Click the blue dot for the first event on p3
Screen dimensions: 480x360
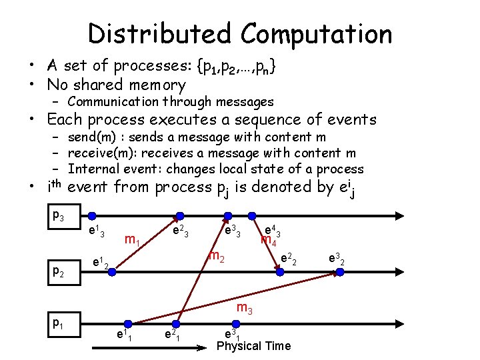[x=93, y=215]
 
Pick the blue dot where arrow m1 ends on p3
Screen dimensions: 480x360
[x=179, y=215]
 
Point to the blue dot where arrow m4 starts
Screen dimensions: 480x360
[x=252, y=215]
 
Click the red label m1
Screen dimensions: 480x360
[x=132, y=239]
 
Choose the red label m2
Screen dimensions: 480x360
[x=215, y=255]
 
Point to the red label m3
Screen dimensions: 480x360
[x=245, y=309]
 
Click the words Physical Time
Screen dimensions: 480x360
[x=254, y=346]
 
